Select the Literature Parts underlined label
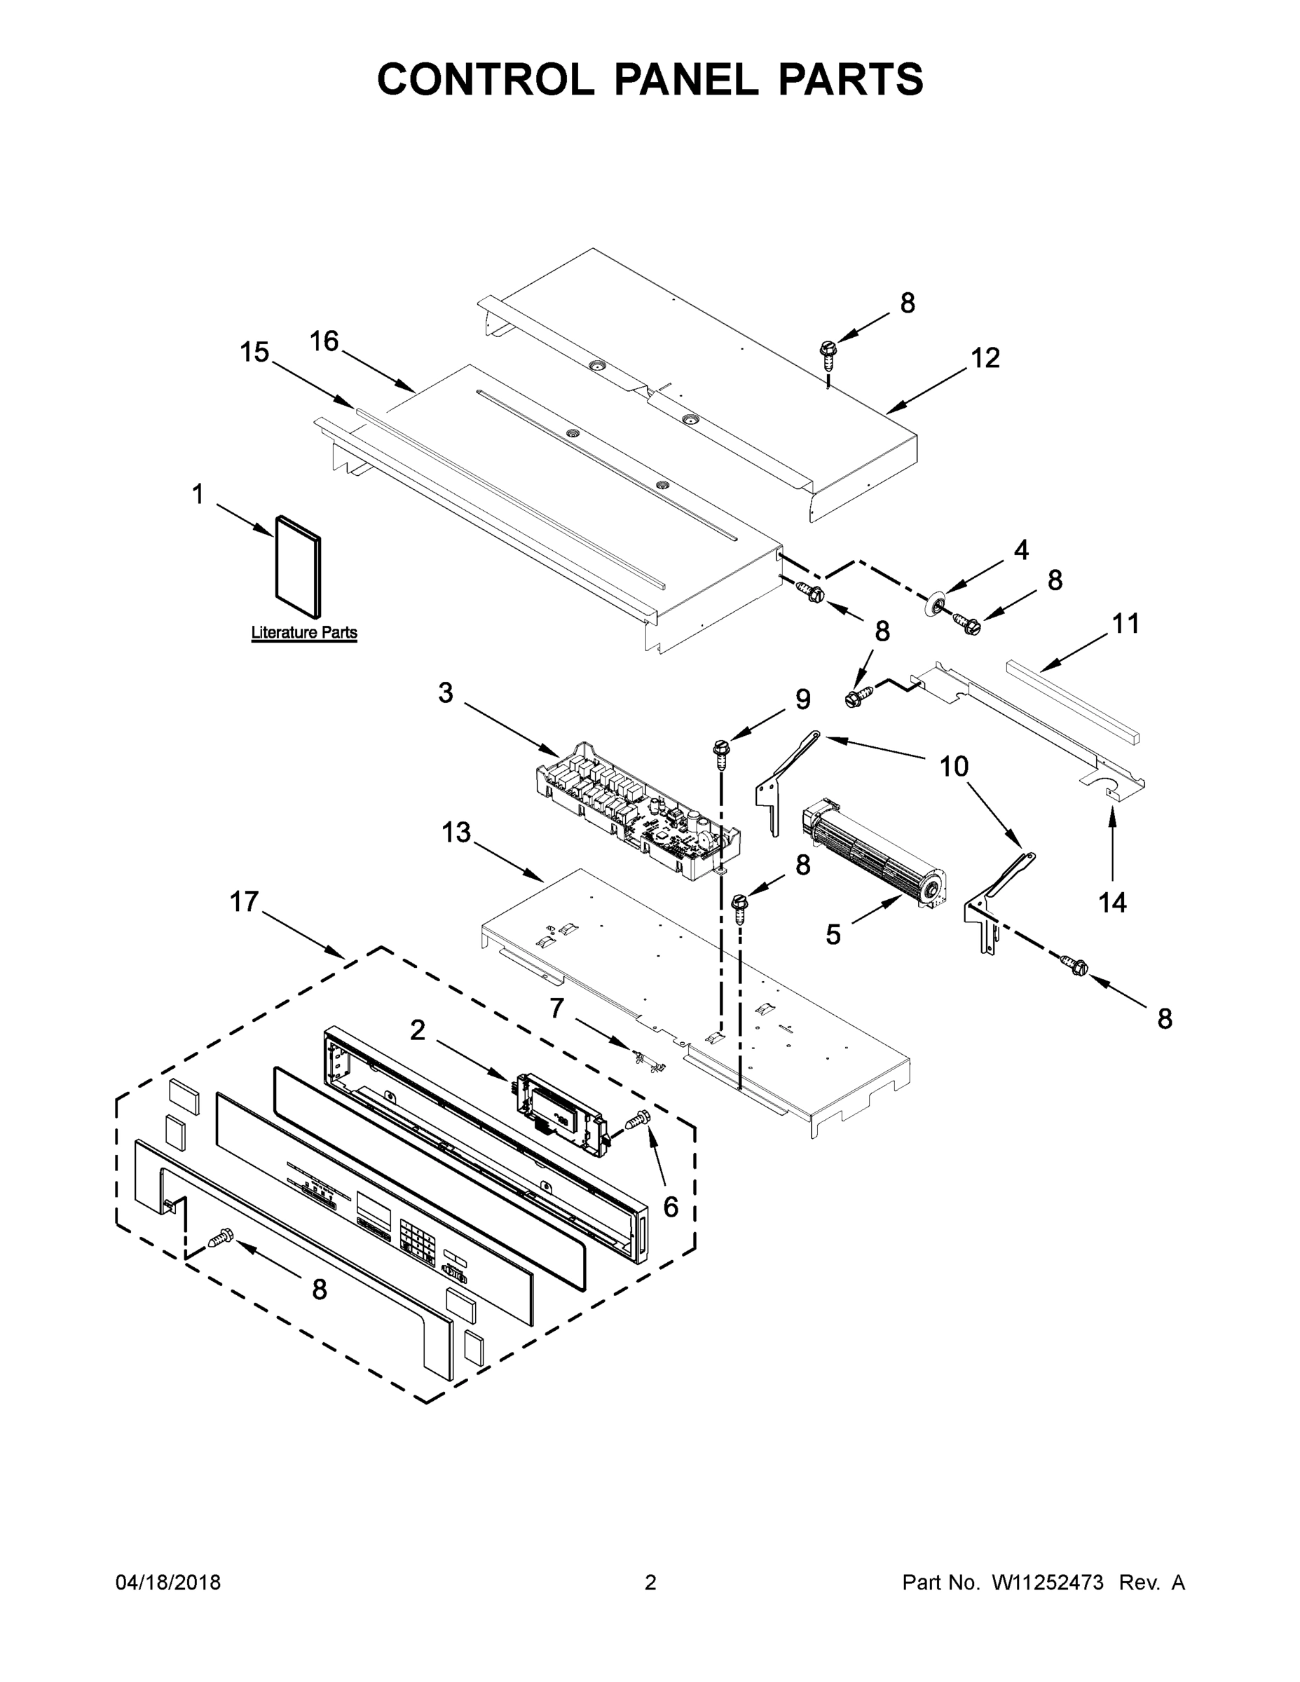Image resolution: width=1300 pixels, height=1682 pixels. (304, 632)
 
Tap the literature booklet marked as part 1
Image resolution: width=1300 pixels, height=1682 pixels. (298, 566)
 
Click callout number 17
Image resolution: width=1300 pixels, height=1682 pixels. (244, 901)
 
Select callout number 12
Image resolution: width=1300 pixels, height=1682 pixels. (985, 358)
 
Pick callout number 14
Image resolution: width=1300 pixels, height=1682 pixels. (1112, 902)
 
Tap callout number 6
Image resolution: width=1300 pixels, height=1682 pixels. (671, 1207)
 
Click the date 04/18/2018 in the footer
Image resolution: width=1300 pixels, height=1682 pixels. (168, 1582)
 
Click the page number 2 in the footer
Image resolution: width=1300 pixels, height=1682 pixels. (650, 1582)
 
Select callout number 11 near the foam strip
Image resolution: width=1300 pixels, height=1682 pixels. (1125, 623)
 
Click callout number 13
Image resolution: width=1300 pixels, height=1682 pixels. (456, 833)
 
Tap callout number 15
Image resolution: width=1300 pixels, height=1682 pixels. (254, 353)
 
